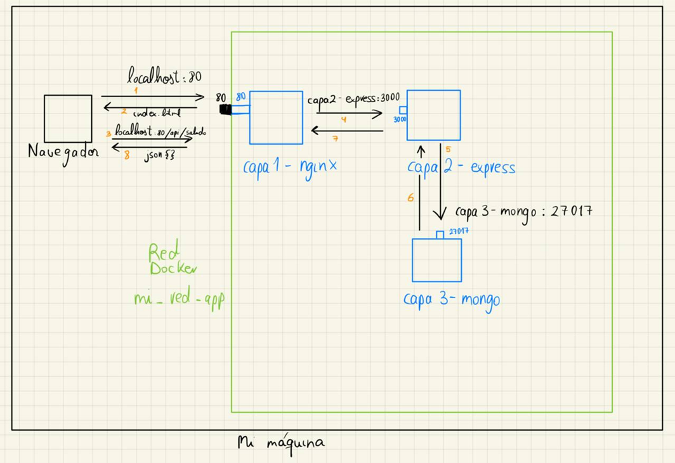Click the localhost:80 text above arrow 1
(164, 77)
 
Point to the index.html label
(156, 113)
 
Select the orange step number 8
(127, 154)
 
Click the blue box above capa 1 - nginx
(276, 117)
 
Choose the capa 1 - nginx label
(289, 167)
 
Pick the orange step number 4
(343, 119)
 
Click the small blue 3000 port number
(400, 119)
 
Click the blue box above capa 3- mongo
(436, 260)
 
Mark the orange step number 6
(410, 198)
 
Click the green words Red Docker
(171, 261)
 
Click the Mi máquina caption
(280, 443)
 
